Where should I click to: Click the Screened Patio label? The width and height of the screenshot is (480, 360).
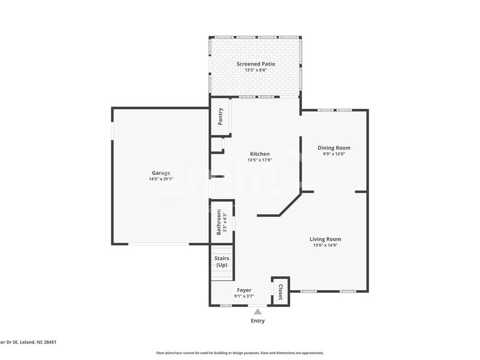pyautogui.click(x=255, y=64)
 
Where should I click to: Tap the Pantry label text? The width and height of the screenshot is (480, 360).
pyautogui.click(x=220, y=117)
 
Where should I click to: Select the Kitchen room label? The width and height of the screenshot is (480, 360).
pyautogui.click(x=260, y=154)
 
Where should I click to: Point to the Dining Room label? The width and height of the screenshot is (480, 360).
pyautogui.click(x=334, y=148)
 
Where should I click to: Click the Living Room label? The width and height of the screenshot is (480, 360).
pyautogui.click(x=325, y=239)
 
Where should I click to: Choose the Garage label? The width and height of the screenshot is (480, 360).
pyautogui.click(x=161, y=173)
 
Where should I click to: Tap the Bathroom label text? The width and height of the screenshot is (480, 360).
pyautogui.click(x=219, y=222)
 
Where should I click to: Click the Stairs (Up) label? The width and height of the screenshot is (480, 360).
pyautogui.click(x=222, y=261)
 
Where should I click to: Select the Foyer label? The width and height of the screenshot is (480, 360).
pyautogui.click(x=244, y=290)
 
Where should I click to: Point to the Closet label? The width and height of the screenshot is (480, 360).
pyautogui.click(x=281, y=292)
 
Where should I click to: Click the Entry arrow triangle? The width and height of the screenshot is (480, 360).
pyautogui.click(x=258, y=312)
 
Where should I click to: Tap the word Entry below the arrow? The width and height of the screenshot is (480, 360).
pyautogui.click(x=258, y=321)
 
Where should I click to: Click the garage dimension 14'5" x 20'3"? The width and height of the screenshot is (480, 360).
pyautogui.click(x=161, y=179)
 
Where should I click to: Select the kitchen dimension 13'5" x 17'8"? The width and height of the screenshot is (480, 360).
pyautogui.click(x=260, y=160)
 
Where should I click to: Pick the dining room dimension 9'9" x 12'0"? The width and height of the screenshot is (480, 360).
pyautogui.click(x=334, y=154)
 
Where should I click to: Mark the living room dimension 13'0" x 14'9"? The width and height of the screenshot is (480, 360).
pyautogui.click(x=325, y=245)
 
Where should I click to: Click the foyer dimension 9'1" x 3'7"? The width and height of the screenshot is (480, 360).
pyautogui.click(x=244, y=296)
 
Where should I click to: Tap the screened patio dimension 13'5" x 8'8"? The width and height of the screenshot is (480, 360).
pyautogui.click(x=255, y=70)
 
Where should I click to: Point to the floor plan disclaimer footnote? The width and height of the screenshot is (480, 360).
pyautogui.click(x=239, y=353)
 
